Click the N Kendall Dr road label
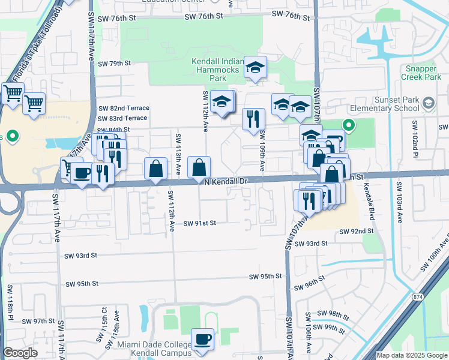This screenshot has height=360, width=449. tap(226, 181)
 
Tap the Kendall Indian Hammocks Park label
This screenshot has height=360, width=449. tap(217, 70)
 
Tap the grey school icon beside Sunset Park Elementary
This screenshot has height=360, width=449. tap(428, 103)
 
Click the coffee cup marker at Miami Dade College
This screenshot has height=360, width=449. tap(202, 340)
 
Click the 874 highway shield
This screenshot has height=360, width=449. tap(417, 296)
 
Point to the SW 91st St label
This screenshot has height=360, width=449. tap(199, 223)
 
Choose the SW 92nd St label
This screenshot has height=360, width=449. tap(357, 231)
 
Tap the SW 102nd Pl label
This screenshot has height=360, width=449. tap(415, 137)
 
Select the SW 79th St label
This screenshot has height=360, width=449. tap(114, 64)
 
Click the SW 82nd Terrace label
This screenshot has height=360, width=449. tap(124, 108)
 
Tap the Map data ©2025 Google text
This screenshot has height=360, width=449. tap(411, 355)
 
